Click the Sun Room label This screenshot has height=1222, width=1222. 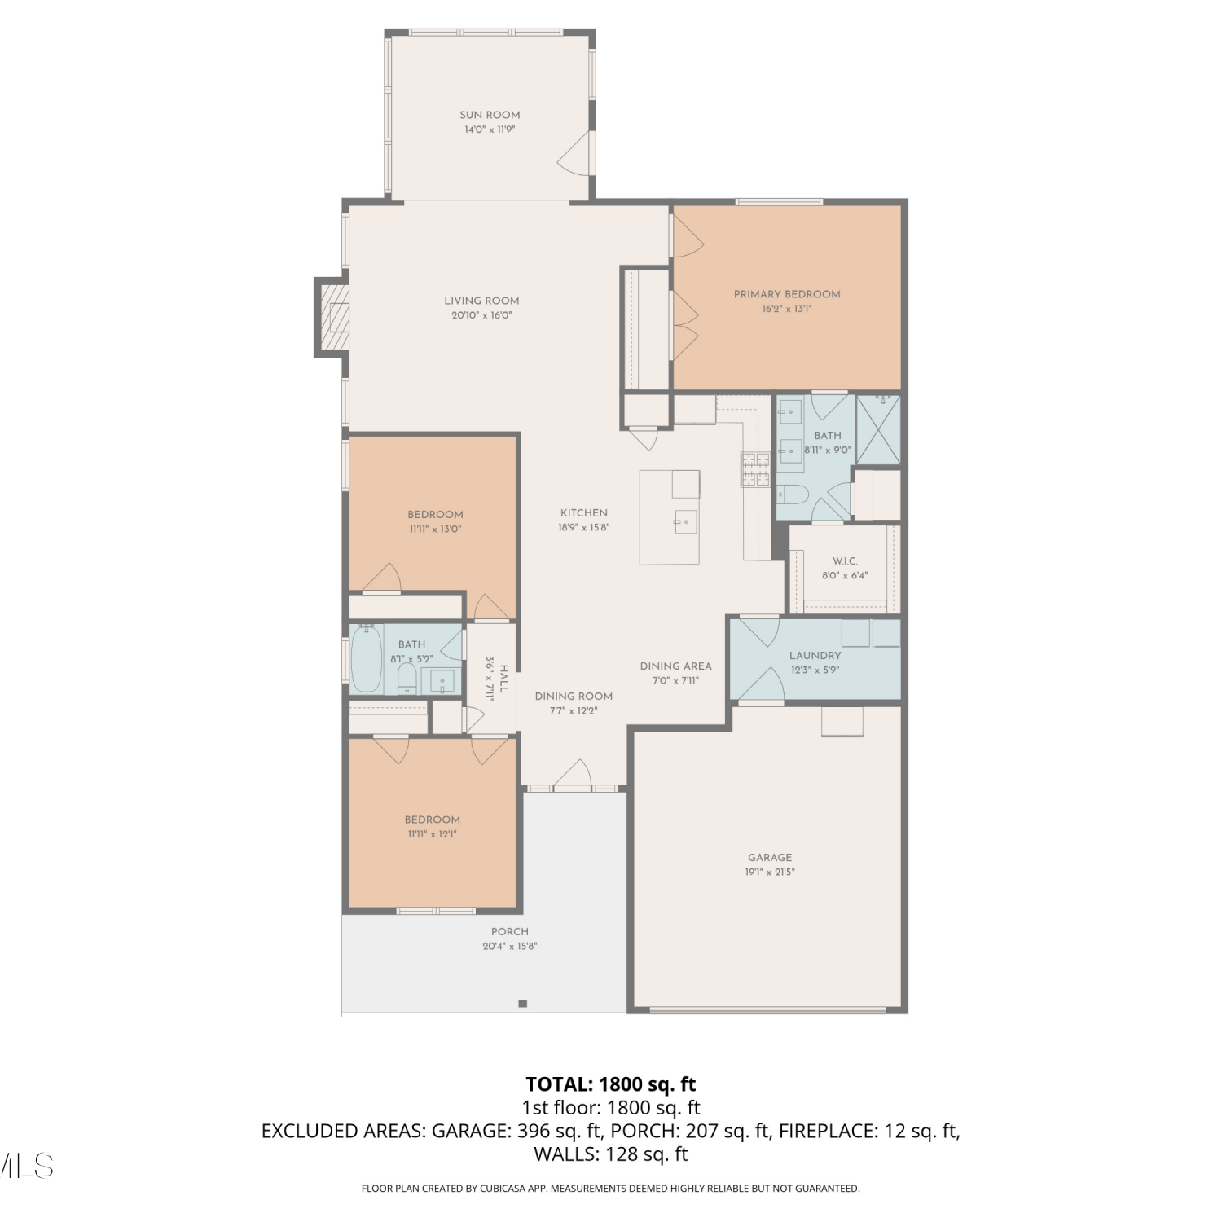click(490, 115)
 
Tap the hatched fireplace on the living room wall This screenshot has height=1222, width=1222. click(333, 317)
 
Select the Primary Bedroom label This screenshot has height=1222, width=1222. click(787, 294)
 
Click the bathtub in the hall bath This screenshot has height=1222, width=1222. click(367, 658)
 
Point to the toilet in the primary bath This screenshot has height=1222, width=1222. click(791, 494)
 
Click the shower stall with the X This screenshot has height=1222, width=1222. click(878, 429)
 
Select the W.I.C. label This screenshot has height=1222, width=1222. click(845, 561)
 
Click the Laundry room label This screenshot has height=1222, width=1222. click(815, 656)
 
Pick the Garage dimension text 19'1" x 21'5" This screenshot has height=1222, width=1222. click(770, 872)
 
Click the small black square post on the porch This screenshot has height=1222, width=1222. click(523, 1004)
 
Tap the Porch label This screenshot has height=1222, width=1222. click(510, 931)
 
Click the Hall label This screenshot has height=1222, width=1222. click(504, 679)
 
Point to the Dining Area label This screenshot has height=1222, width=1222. click(675, 666)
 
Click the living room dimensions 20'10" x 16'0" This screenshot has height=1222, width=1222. click(481, 315)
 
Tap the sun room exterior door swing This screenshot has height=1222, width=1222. click(574, 154)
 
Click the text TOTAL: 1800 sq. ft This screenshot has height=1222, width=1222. click(611, 1084)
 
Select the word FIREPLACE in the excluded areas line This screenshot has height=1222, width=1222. click(827, 1131)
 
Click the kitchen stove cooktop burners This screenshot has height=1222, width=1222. click(755, 470)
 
